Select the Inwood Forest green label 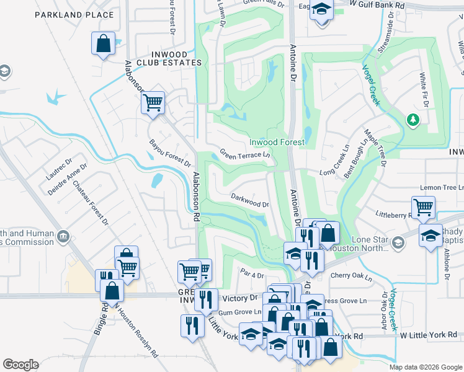[x=277, y=142]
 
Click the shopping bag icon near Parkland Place [x=103, y=44]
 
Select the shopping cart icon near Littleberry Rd [x=423, y=208]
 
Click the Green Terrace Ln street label [x=246, y=153]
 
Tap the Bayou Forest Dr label [x=170, y=153]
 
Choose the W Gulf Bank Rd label [x=377, y=4]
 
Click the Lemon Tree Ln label [x=442, y=187]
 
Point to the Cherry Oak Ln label [x=350, y=275]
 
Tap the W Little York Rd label [x=428, y=335]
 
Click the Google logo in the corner [x=20, y=365]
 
